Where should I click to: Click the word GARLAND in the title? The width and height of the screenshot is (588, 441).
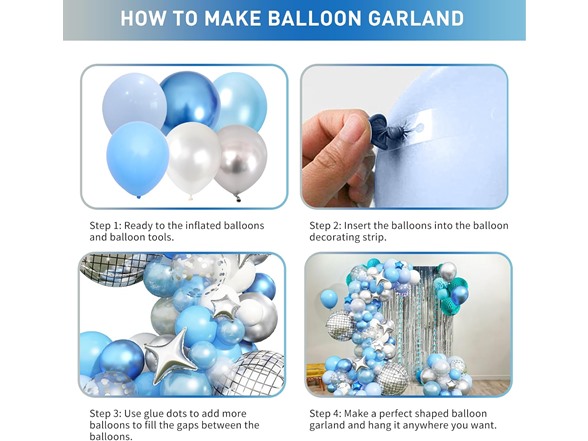(412, 18)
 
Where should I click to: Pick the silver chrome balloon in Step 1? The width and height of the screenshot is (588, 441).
(241, 157)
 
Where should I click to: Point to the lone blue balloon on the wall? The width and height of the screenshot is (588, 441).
(329, 298)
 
